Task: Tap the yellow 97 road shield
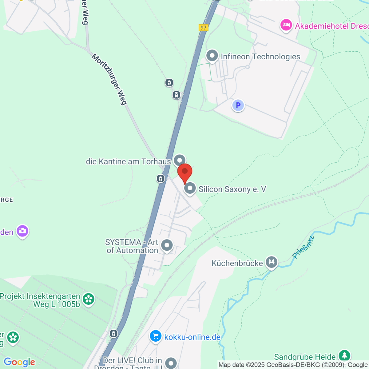click(x=203, y=28)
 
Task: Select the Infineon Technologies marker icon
click(x=212, y=56)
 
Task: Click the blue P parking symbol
click(x=238, y=105)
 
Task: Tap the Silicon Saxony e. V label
click(x=232, y=189)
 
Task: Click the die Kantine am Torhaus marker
click(x=180, y=160)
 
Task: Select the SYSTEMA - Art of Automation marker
click(x=167, y=245)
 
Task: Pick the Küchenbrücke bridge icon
click(x=272, y=262)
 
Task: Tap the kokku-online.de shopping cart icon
click(x=156, y=336)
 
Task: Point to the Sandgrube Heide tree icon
click(x=344, y=356)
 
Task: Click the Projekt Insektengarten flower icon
click(x=89, y=299)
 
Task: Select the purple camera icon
click(x=22, y=231)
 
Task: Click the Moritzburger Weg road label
click(x=109, y=80)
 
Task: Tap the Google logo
click(x=19, y=362)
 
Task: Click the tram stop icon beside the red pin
click(x=161, y=178)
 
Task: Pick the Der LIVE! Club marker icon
click(x=171, y=363)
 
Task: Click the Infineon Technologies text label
click(x=260, y=57)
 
